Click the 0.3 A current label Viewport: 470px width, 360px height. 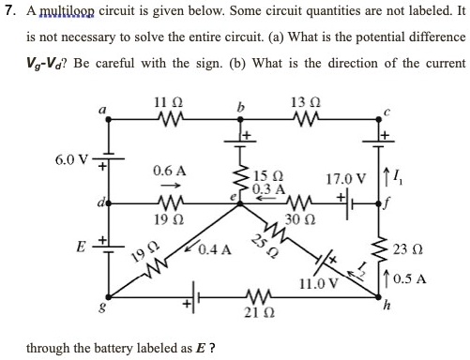tap(265, 188)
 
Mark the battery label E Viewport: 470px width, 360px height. tap(81, 250)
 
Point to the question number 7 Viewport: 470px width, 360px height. tap(8, 12)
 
